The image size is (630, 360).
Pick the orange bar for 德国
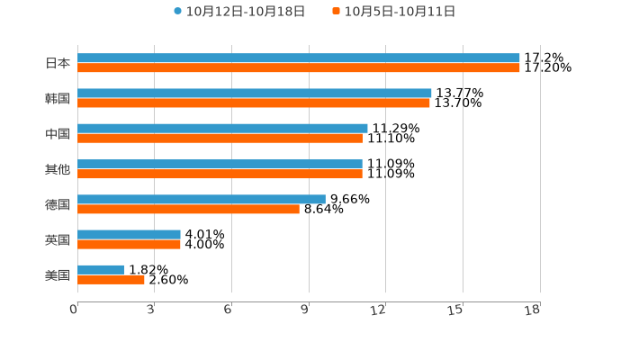pyautogui.click(x=188, y=209)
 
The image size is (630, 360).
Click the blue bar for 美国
pyautogui.click(x=101, y=269)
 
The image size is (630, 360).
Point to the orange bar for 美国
pyautogui.click(x=111, y=279)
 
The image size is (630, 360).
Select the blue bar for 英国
pyautogui.click(x=129, y=234)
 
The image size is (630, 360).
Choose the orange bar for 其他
pyautogui.click(x=220, y=174)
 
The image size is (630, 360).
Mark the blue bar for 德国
pyautogui.click(x=202, y=199)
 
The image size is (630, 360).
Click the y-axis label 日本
pyautogui.click(x=58, y=63)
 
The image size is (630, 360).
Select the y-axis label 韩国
pyautogui.click(x=58, y=98)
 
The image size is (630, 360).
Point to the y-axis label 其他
pyautogui.click(x=58, y=169)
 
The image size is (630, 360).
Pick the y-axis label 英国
pyautogui.click(x=58, y=239)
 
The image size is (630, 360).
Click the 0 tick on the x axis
pyautogui.click(x=74, y=310)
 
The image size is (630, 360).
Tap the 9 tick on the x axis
pyautogui.click(x=305, y=310)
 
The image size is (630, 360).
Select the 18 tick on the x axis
pyautogui.click(x=533, y=310)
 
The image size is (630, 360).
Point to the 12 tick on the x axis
pyautogui.click(x=379, y=310)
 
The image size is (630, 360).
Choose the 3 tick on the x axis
pyautogui.click(x=151, y=310)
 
